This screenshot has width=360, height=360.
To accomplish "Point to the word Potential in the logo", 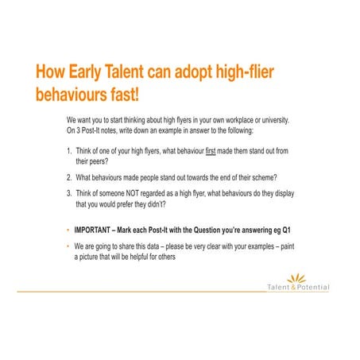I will click(312, 287).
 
